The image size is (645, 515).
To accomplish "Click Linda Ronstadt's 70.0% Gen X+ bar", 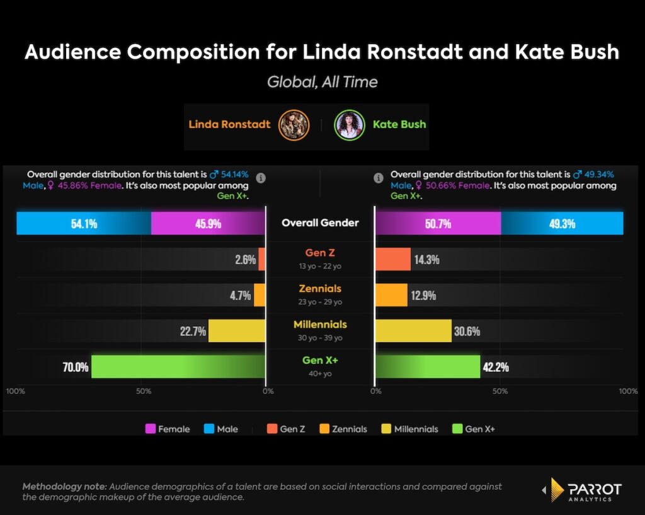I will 178,366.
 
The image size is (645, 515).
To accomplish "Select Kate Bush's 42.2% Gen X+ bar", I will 428,366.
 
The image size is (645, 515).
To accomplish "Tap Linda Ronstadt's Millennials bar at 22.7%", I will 236,331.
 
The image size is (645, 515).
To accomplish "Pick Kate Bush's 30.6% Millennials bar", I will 414,331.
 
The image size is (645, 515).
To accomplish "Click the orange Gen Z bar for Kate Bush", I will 393,259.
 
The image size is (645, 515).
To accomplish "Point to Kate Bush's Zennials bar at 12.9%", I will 391,295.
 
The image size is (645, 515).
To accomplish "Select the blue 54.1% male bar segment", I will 84,223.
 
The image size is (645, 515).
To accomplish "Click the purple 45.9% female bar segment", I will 208,223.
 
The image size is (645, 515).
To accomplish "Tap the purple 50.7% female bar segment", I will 438,223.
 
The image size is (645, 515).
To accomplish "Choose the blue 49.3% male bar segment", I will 562,223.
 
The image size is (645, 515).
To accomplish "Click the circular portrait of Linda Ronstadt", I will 294,124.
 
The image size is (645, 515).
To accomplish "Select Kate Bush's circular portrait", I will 350,124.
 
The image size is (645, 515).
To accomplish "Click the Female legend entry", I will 168,429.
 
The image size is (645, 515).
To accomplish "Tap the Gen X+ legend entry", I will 473,429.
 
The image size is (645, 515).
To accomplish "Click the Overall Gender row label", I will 320,223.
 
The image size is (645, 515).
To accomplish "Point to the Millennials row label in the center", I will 320,325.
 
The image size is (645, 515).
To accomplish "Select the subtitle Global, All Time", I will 322,81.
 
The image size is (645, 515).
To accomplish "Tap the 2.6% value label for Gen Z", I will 244,259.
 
